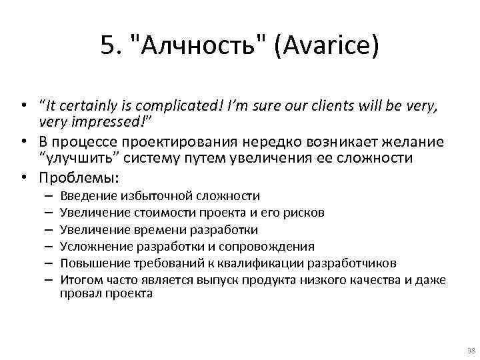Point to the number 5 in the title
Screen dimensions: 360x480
107,47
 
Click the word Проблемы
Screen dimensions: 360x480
79,178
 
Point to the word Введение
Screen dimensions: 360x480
89,196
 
